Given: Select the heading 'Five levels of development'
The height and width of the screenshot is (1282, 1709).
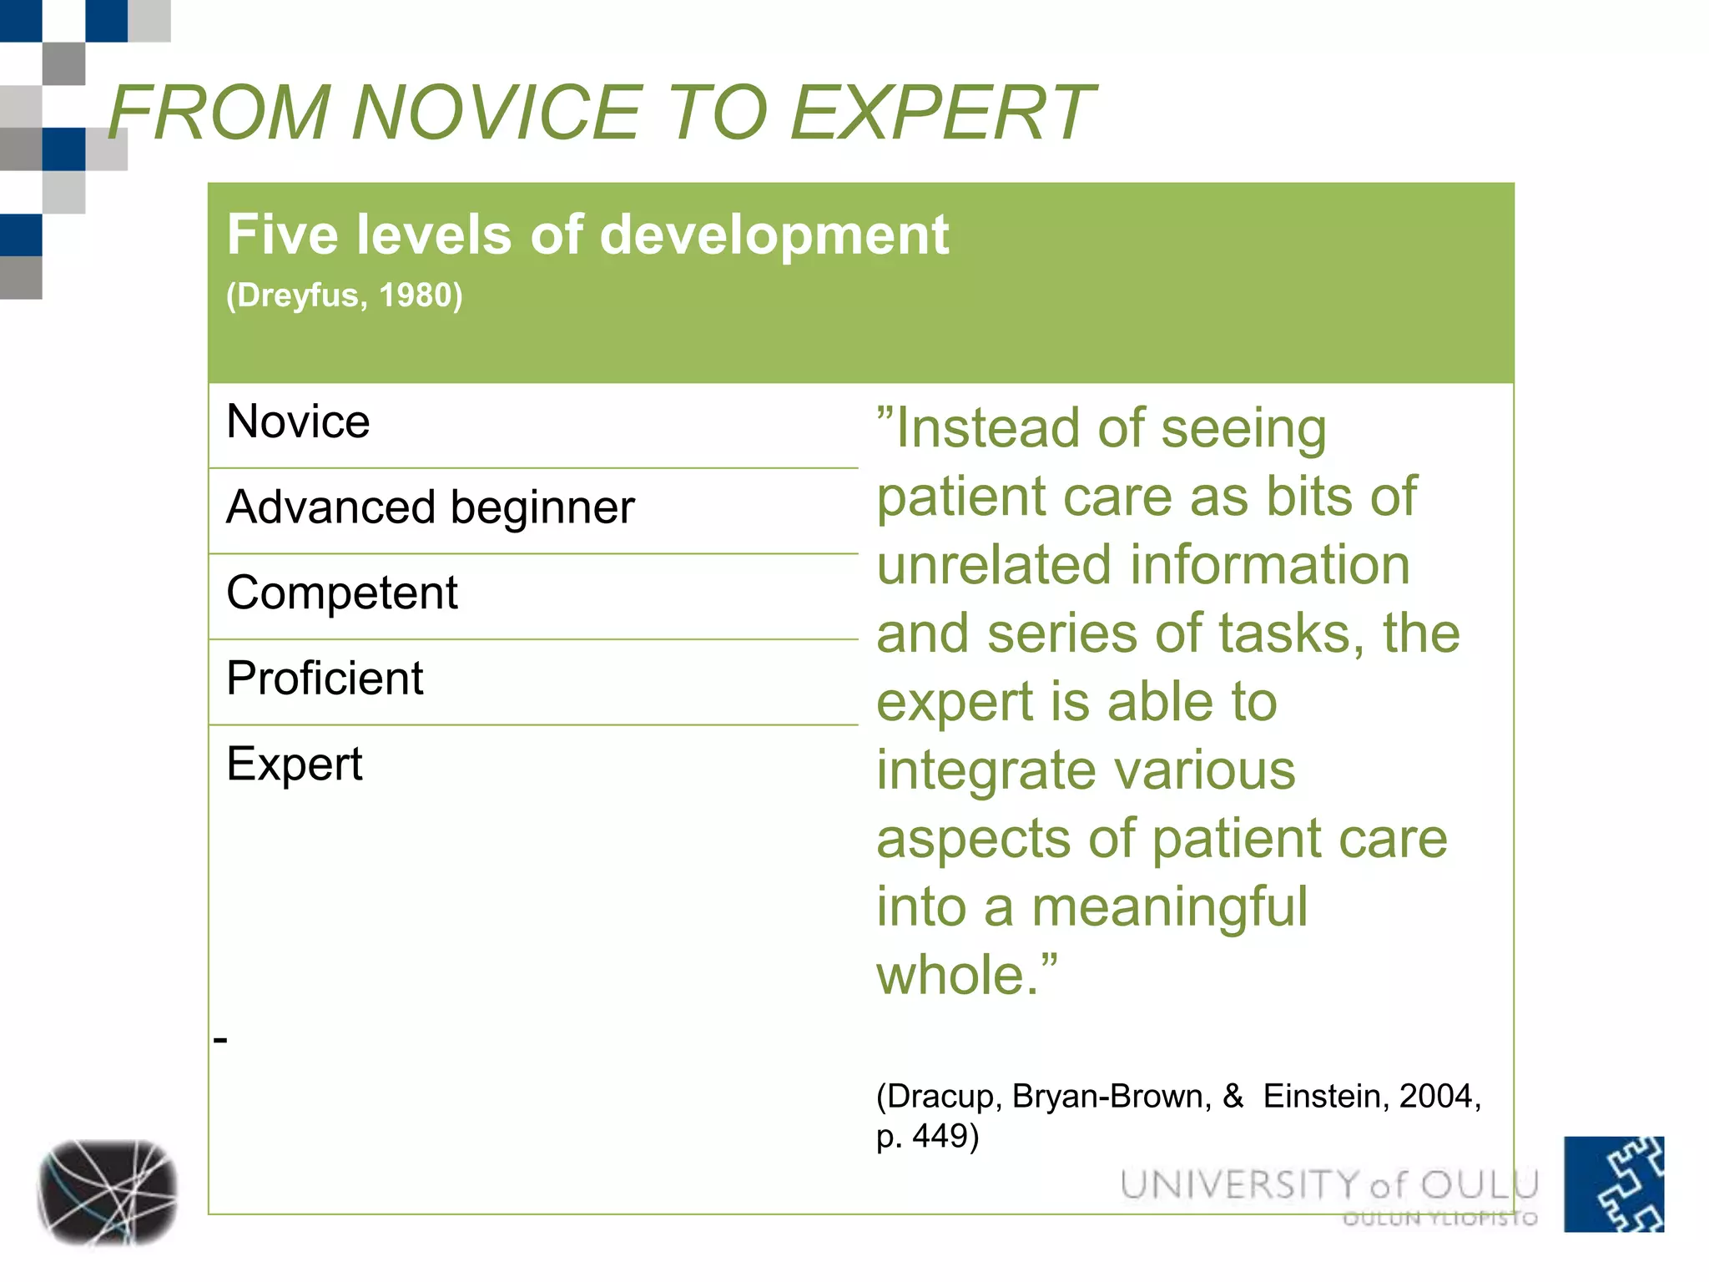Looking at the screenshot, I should [x=587, y=235].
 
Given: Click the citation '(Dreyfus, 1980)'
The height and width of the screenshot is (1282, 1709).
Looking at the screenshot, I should [x=344, y=295].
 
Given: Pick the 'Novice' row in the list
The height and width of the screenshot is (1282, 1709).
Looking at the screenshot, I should [x=298, y=421].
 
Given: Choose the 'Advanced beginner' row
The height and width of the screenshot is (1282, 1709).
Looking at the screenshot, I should [x=431, y=507].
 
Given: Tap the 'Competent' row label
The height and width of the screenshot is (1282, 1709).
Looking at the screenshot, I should [x=342, y=593].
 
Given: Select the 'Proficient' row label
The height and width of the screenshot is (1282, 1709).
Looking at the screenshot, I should [x=325, y=679].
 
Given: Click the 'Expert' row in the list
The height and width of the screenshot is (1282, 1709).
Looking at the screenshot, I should [x=295, y=764].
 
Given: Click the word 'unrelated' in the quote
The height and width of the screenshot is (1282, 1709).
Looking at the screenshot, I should [x=993, y=566].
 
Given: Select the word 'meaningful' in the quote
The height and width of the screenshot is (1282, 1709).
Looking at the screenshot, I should [x=1169, y=907].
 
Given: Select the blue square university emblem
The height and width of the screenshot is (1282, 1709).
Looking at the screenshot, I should [x=1614, y=1184].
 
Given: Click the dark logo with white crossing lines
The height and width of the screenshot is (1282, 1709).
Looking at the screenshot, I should [x=108, y=1192].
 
